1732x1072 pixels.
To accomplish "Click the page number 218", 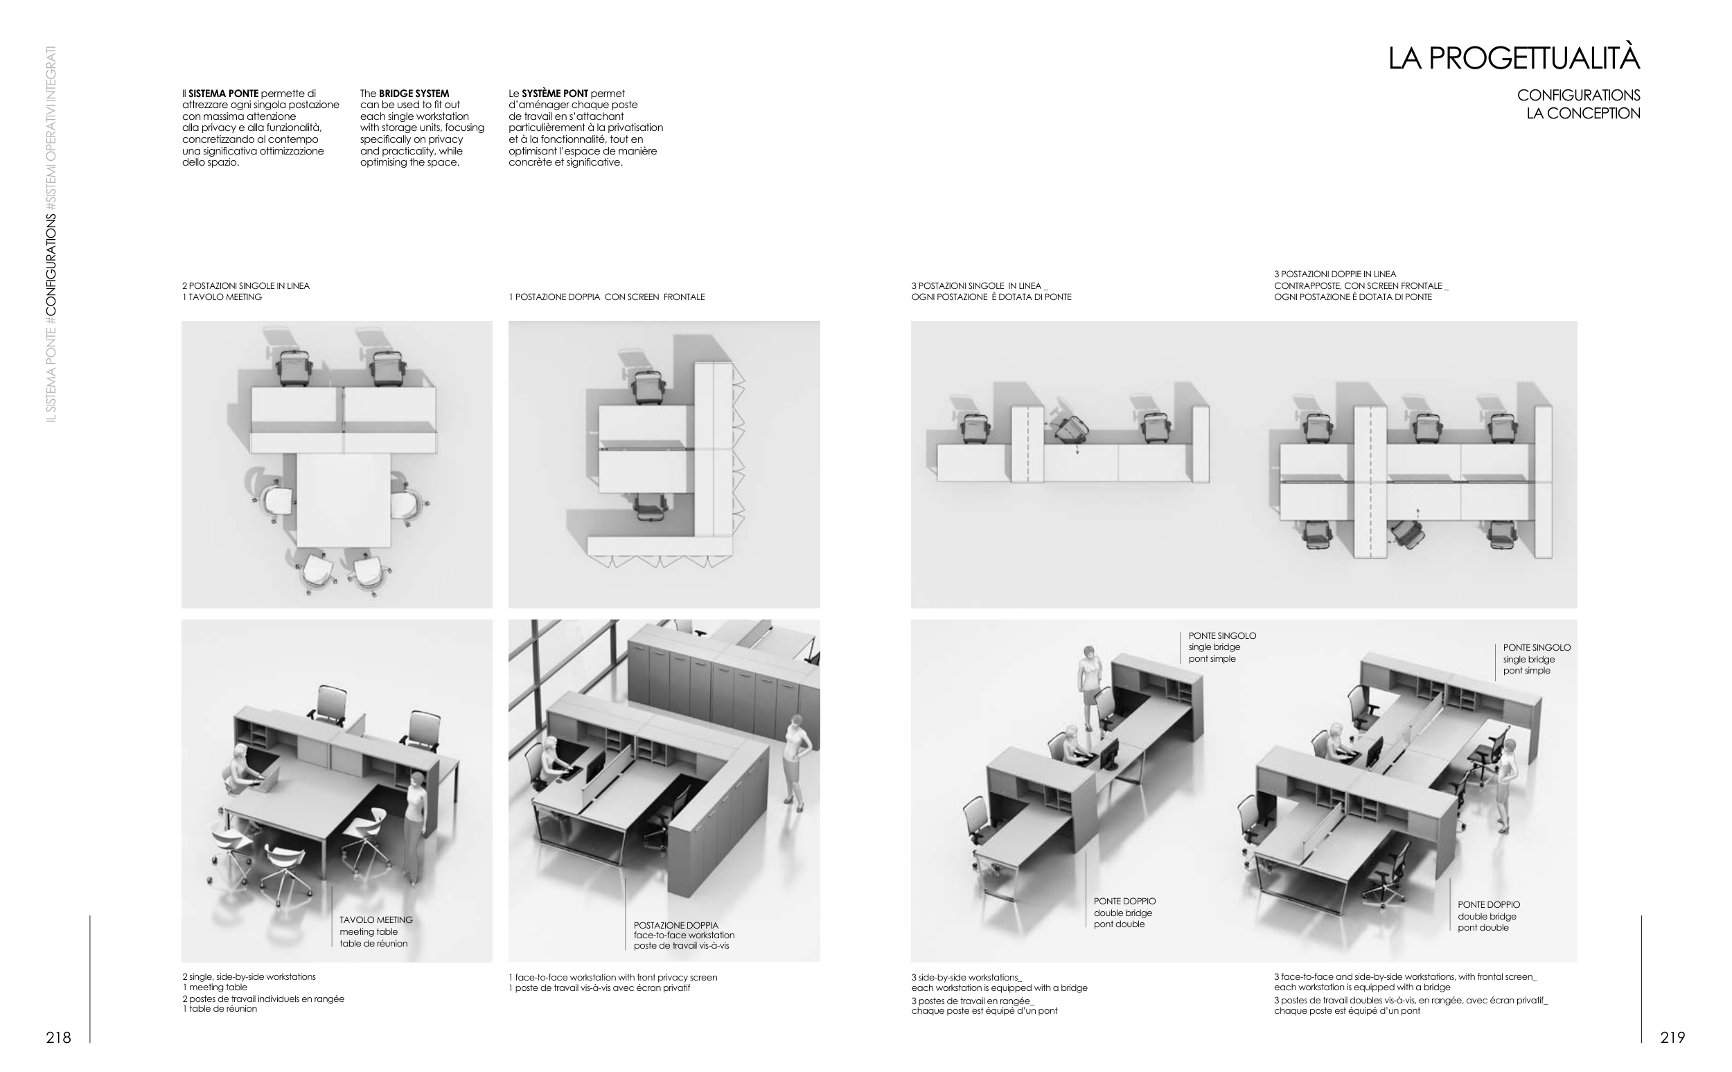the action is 58,1037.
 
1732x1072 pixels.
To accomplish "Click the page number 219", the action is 1672,1037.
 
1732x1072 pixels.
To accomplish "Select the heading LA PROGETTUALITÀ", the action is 1514,58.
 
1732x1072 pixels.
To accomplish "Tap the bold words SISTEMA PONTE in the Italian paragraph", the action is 223,94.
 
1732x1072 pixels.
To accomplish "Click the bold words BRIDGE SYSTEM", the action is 414,94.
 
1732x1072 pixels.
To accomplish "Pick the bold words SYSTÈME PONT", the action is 555,94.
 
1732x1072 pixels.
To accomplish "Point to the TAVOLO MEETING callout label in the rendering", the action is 375,920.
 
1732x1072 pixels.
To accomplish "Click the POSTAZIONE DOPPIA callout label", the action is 676,925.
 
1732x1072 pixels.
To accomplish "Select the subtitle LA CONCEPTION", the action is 1583,114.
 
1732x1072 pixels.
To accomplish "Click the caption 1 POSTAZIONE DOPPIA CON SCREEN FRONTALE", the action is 607,297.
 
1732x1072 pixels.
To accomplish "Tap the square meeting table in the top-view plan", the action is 343,500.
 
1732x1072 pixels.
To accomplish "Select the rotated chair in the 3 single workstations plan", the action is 1070,428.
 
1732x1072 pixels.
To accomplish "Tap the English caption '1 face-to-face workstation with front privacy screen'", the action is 613,977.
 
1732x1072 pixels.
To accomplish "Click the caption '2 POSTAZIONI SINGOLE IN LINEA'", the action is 246,285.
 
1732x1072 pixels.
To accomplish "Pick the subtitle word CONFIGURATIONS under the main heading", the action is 1579,95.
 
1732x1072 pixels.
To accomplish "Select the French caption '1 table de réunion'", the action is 220,1009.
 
